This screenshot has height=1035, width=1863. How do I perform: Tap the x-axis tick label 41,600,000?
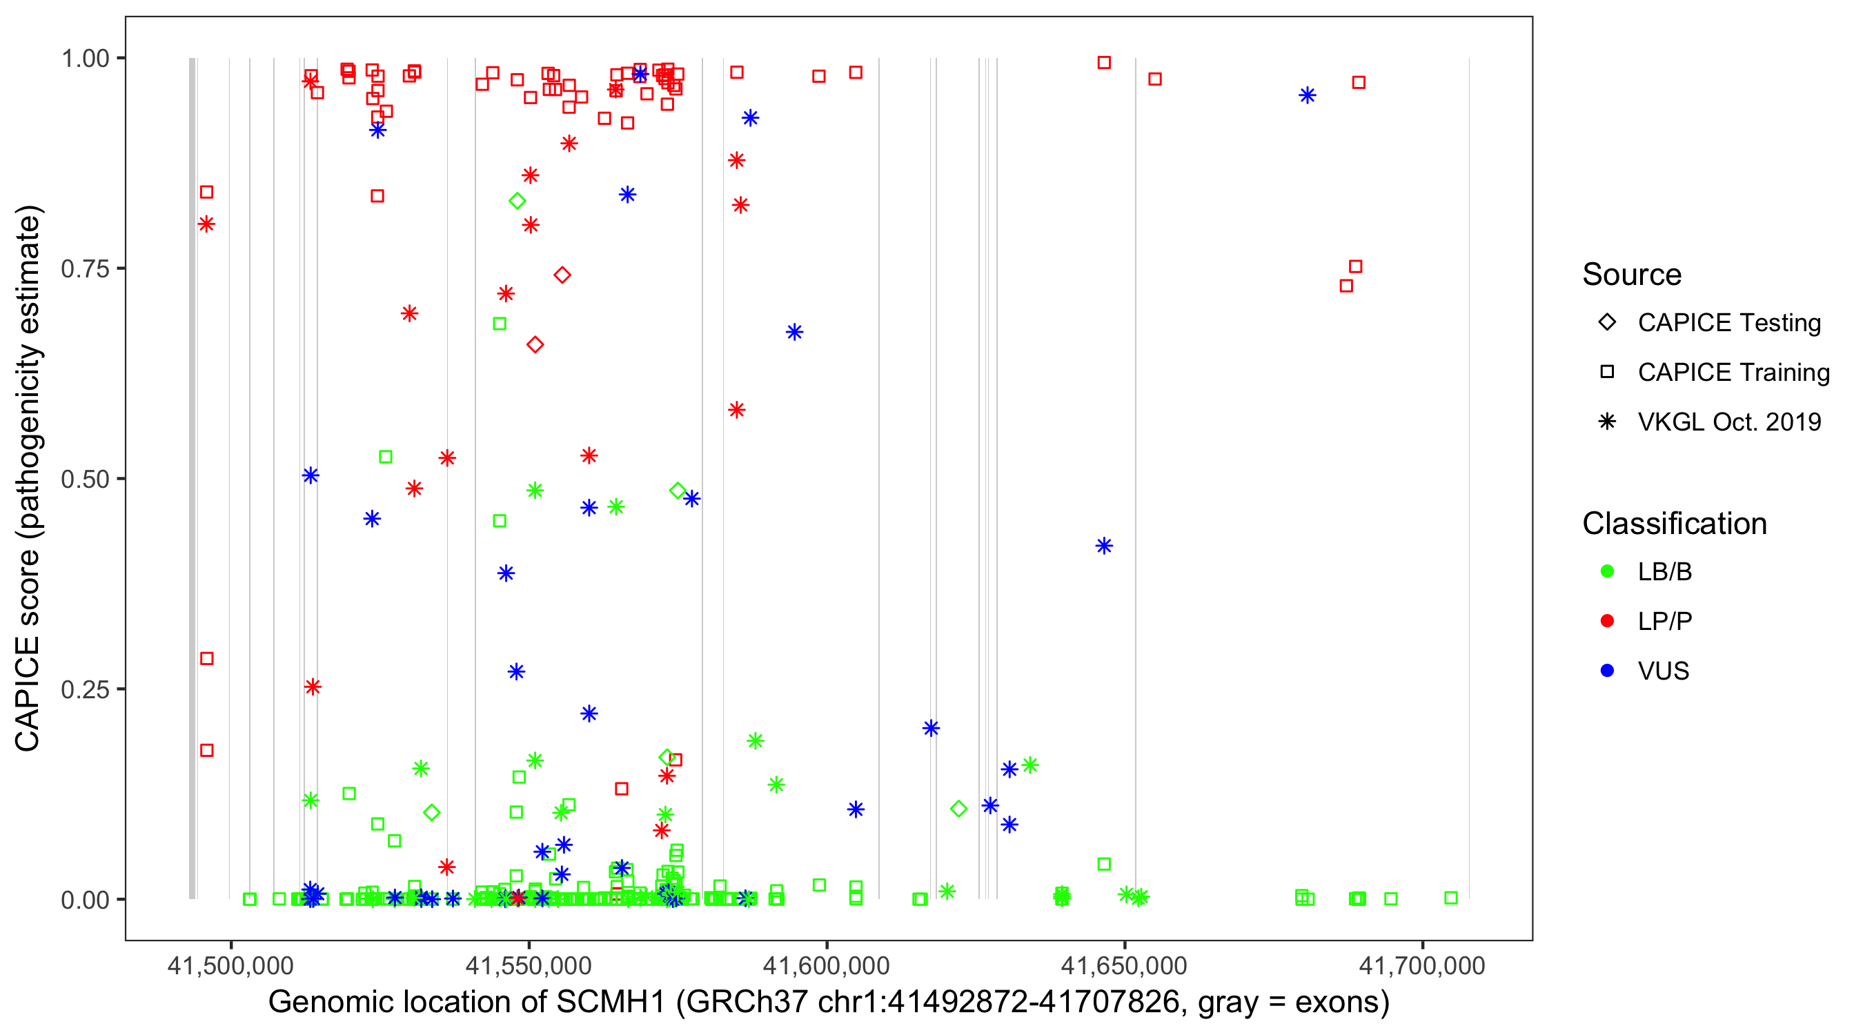(x=826, y=965)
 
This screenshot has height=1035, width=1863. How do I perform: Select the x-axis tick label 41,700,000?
(x=1422, y=965)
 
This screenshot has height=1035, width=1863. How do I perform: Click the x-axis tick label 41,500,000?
(x=230, y=965)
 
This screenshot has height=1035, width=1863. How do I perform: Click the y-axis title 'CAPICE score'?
(x=28, y=479)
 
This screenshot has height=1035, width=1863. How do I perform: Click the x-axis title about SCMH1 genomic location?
(x=828, y=1003)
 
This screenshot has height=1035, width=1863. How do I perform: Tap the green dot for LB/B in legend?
(x=1608, y=571)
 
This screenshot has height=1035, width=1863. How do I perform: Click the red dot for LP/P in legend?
(x=1608, y=621)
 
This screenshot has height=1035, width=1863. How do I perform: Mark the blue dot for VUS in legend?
(x=1608, y=671)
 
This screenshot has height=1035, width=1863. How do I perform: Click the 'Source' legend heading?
(x=1632, y=275)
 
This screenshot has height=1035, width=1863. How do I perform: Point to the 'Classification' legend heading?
(x=1674, y=524)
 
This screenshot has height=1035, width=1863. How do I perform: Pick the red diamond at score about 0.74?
(x=562, y=275)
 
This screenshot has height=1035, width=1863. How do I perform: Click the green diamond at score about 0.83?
(x=517, y=201)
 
